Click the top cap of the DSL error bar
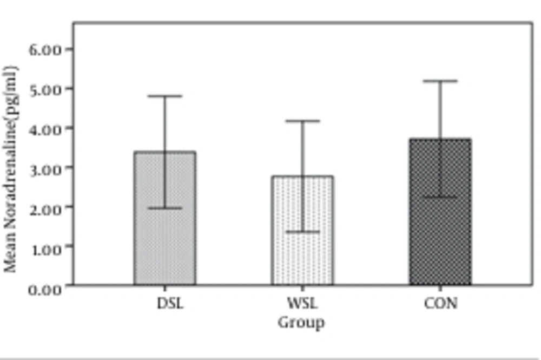click(165, 96)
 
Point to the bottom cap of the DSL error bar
click(165, 208)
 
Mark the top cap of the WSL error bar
click(302, 121)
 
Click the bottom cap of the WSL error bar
click(302, 232)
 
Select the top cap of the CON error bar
click(440, 81)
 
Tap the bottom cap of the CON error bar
click(440, 197)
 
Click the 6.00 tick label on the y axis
click(46, 49)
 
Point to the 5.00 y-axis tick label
click(46, 89)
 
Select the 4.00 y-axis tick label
click(46, 128)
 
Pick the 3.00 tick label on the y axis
click(46, 168)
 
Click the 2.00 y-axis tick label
click(46, 207)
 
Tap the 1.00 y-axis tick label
click(46, 247)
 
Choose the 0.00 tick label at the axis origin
click(46, 289)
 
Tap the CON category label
click(440, 303)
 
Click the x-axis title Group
click(302, 323)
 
